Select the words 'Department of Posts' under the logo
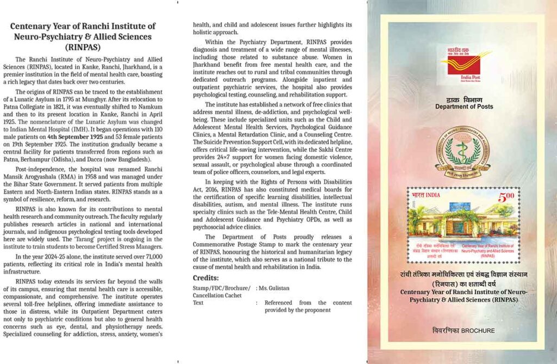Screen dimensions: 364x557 point(464,107)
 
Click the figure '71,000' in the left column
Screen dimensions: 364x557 point(139,256)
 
